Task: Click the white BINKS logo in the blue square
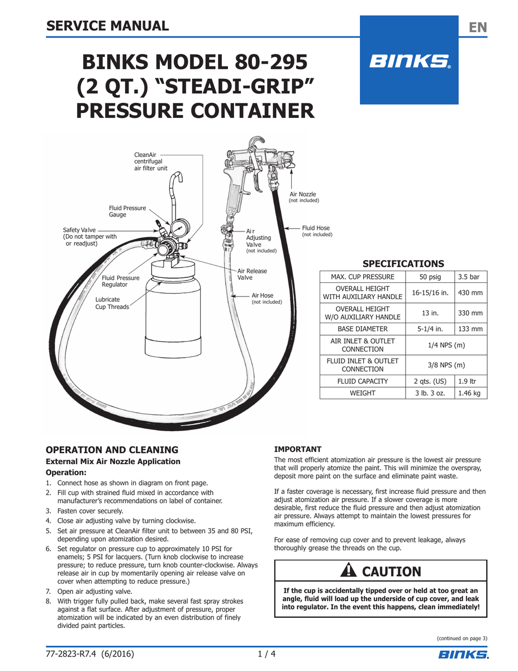(x=410, y=61)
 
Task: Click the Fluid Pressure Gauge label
(x=127, y=211)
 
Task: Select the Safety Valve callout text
(x=90, y=237)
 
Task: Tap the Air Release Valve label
(x=252, y=274)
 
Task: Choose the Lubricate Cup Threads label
(x=112, y=303)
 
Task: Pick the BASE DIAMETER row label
(x=362, y=329)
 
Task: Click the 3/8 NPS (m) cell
(x=445, y=365)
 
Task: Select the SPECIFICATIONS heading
(x=403, y=264)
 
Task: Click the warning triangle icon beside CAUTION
(x=350, y=571)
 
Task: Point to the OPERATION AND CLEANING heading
(x=112, y=450)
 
